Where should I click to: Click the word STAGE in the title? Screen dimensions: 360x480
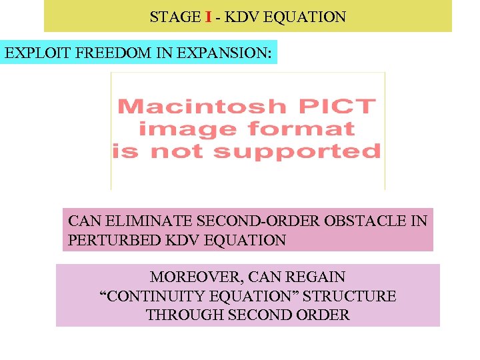pos(174,17)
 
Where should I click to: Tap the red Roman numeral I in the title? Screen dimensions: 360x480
pos(209,17)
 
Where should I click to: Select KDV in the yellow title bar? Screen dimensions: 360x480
pos(242,17)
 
